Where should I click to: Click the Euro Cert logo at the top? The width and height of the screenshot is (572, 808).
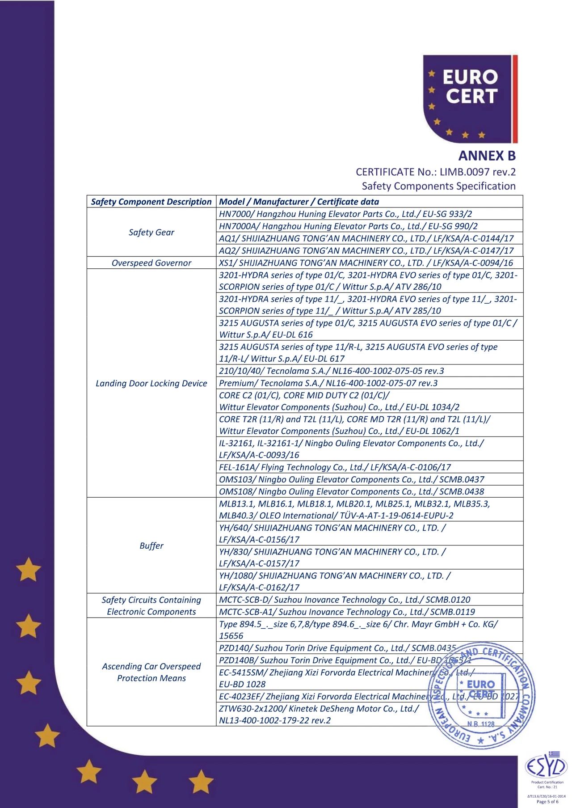click(470, 98)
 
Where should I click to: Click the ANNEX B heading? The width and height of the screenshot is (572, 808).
click(487, 156)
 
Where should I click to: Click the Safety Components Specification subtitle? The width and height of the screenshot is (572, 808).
click(438, 186)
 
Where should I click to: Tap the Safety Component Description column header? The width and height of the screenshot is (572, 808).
click(151, 202)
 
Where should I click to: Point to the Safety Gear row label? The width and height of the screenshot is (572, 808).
click(151, 232)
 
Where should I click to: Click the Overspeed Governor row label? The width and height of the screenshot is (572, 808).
click(151, 263)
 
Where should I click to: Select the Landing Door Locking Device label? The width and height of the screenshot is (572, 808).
click(151, 383)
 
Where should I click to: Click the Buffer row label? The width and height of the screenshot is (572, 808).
click(151, 546)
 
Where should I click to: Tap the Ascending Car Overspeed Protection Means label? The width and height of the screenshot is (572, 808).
click(151, 672)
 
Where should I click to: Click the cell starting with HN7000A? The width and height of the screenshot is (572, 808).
click(348, 226)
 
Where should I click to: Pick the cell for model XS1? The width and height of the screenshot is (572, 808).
click(366, 263)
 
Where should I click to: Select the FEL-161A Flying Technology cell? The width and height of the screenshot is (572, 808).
click(335, 467)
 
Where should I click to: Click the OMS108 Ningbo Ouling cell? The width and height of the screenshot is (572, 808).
click(351, 491)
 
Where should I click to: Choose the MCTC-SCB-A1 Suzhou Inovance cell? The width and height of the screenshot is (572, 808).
click(347, 612)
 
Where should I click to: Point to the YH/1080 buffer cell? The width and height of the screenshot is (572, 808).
click(335, 581)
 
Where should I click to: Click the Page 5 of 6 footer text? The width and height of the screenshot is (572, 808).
click(547, 802)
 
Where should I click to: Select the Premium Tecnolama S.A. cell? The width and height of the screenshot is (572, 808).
click(328, 383)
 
